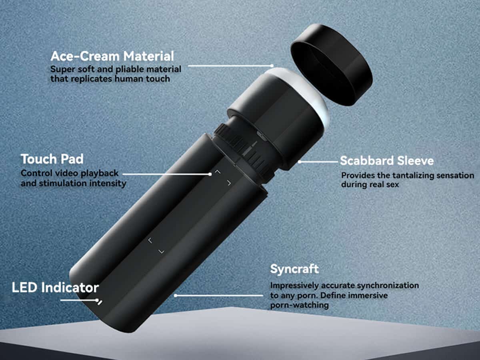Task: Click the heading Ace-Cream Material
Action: tap(112, 56)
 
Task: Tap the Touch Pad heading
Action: tap(52, 159)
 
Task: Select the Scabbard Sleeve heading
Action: tap(387, 161)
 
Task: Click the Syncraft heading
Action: tap(294, 269)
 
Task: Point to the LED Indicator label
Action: tap(55, 288)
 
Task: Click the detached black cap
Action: tap(332, 65)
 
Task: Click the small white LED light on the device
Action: tap(100, 303)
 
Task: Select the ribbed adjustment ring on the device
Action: tap(243, 151)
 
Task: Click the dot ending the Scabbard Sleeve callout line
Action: tap(300, 162)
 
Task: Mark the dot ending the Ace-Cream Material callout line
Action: tap(272, 66)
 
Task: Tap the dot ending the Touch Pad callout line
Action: tap(210, 174)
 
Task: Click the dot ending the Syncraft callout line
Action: tap(175, 296)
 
